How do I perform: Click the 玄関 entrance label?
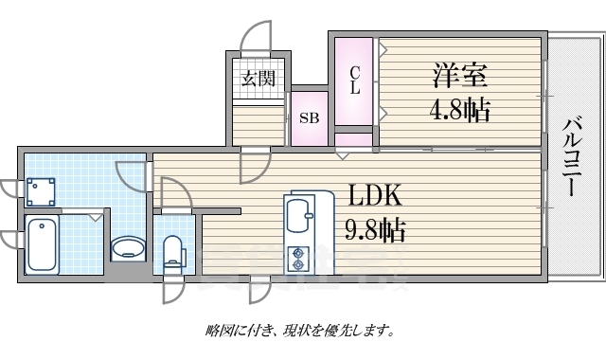[x=257, y=79]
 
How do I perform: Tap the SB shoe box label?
[x=309, y=119]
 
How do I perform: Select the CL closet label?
[x=355, y=81]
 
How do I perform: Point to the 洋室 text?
[x=461, y=74]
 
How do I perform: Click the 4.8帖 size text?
[x=461, y=110]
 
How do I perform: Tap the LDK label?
[x=376, y=196]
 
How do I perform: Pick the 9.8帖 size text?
[x=376, y=229]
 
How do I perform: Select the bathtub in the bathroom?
[x=42, y=244]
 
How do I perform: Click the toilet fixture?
[x=172, y=253]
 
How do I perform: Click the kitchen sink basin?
[x=300, y=215]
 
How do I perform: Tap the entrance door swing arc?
[x=256, y=40]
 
